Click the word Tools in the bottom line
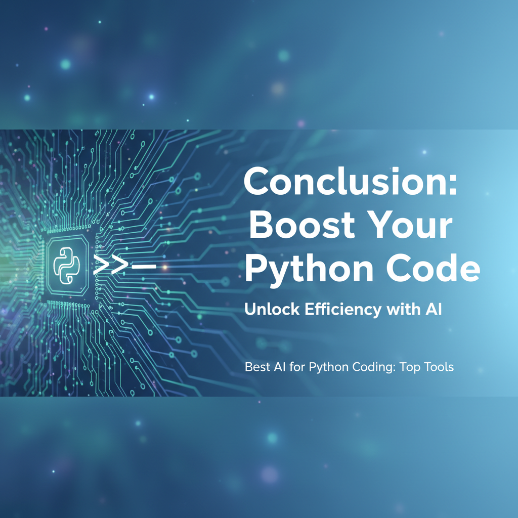point(439,367)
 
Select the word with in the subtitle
point(403,310)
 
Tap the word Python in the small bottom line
point(326,367)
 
